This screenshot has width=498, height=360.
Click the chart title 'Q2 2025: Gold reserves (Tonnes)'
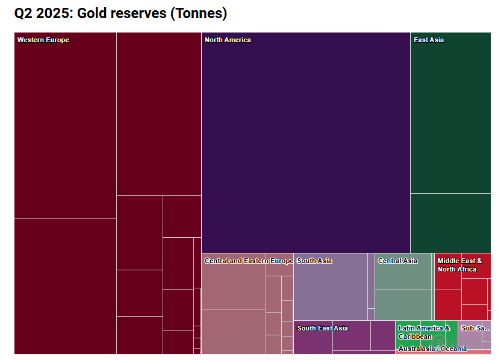(x=120, y=13)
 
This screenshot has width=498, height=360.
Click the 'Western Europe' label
(x=43, y=40)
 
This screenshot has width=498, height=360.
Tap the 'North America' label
(x=228, y=40)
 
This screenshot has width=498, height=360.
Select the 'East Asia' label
(x=429, y=40)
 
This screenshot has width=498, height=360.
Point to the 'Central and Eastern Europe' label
(x=249, y=261)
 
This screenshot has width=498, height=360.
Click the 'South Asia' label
(x=314, y=261)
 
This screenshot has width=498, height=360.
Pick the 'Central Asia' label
(x=397, y=261)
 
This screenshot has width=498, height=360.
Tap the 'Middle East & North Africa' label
(x=459, y=265)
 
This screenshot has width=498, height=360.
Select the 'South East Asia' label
(x=322, y=328)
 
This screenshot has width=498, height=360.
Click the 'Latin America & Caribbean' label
(x=424, y=332)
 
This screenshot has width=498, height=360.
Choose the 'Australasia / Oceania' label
(x=432, y=349)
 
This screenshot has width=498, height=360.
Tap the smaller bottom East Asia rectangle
(x=450, y=223)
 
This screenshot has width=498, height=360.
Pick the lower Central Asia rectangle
(x=403, y=305)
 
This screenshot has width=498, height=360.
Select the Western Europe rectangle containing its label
(x=65, y=126)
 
